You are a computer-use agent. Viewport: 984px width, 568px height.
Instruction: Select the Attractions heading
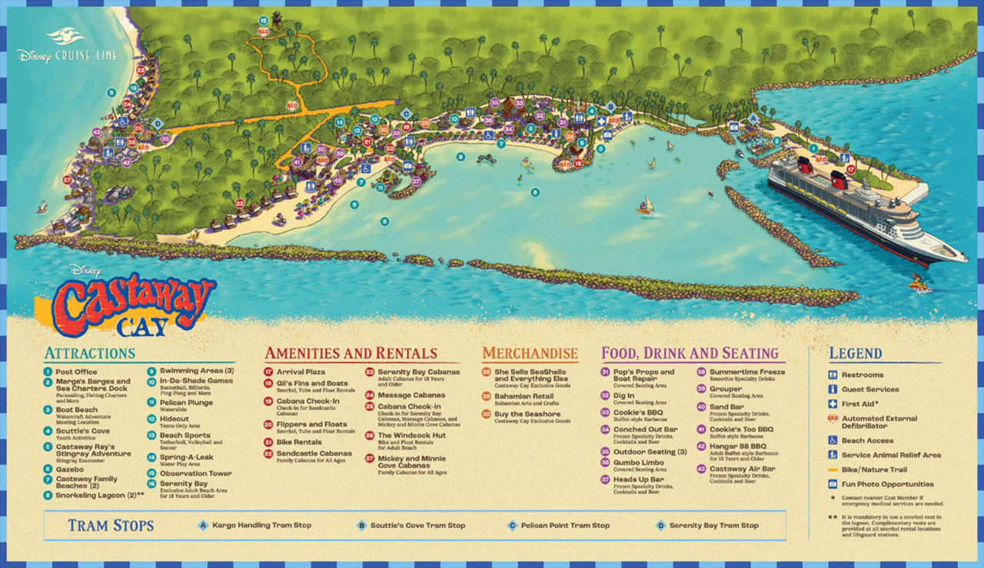pyautogui.click(x=90, y=354)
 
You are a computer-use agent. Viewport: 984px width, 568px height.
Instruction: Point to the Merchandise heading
pyautogui.click(x=530, y=354)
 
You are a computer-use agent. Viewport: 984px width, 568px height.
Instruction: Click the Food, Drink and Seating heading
pyautogui.click(x=690, y=354)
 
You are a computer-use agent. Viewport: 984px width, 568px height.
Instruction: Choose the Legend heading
pyautogui.click(x=855, y=354)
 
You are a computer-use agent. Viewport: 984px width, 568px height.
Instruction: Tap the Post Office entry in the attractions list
pyautogui.click(x=75, y=371)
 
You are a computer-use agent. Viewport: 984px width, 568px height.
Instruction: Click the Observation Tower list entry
pyautogui.click(x=195, y=473)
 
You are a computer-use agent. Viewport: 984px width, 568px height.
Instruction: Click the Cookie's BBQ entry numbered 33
pyautogui.click(x=637, y=412)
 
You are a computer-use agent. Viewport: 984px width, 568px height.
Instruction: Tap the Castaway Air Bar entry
pyautogui.click(x=742, y=469)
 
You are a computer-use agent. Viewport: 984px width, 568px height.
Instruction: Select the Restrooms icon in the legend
pyautogui.click(x=833, y=375)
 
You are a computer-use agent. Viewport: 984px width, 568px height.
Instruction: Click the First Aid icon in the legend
pyautogui.click(x=833, y=404)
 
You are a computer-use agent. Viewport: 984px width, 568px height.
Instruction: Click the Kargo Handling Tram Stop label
pyautogui.click(x=261, y=526)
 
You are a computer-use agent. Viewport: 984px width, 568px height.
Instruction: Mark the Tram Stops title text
pyautogui.click(x=110, y=526)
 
